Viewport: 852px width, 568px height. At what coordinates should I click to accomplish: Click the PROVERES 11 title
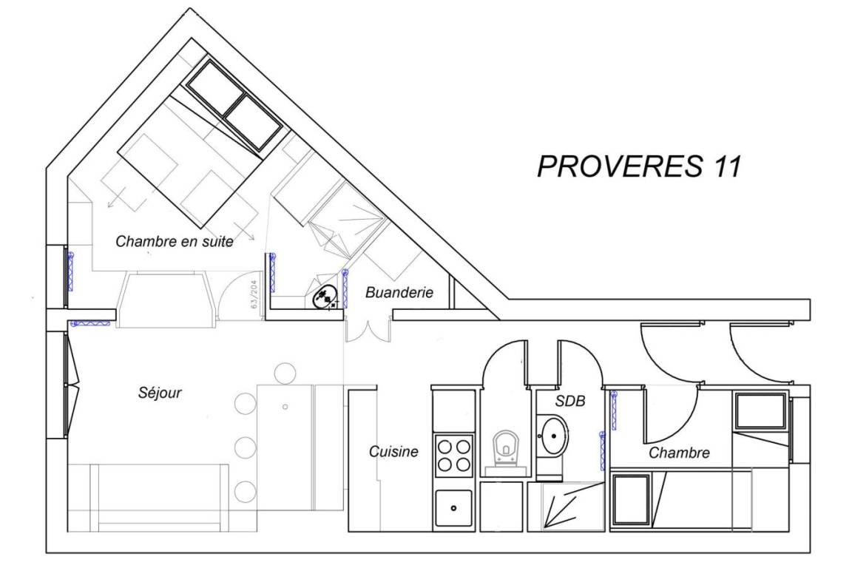point(639,166)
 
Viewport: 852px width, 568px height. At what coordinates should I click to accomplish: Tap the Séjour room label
point(160,393)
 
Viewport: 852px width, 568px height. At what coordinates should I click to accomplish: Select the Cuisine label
point(393,451)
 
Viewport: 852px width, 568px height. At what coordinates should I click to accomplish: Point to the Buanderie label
point(399,292)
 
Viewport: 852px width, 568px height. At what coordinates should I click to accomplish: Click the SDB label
point(570,401)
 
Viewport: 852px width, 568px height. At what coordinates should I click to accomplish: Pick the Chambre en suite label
point(175,241)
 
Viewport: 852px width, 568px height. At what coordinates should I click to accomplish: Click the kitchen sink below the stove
point(453,508)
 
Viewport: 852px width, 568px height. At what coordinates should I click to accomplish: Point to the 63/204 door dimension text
point(254,294)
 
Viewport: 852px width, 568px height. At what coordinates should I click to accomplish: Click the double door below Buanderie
point(368,331)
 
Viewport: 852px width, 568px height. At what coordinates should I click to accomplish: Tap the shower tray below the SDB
point(567,506)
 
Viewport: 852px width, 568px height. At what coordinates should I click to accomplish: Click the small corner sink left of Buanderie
point(326,297)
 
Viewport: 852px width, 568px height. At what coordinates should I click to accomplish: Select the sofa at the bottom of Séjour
point(159,498)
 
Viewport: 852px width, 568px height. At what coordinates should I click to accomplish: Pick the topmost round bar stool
point(285,373)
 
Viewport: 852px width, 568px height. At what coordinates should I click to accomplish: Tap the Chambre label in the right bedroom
point(679,453)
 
